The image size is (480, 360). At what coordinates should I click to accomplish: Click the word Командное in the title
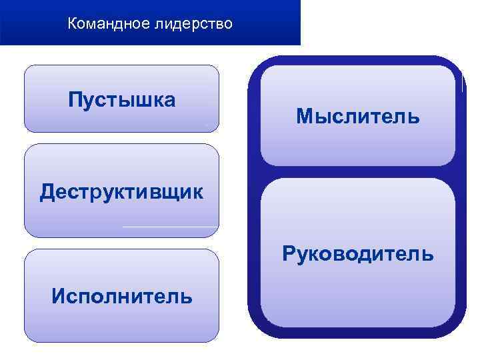click(x=109, y=25)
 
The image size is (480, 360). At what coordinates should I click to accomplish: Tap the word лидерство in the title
click(x=193, y=25)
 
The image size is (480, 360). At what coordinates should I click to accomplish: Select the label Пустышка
click(x=122, y=100)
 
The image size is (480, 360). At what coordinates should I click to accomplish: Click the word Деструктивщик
click(x=122, y=192)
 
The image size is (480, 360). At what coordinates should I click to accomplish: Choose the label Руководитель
click(x=358, y=254)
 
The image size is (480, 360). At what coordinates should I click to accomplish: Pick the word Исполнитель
click(x=122, y=295)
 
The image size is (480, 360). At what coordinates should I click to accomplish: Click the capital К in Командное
click(x=72, y=25)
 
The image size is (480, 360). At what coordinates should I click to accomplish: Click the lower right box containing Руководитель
click(x=358, y=293)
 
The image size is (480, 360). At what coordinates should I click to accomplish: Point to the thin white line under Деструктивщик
click(x=170, y=227)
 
